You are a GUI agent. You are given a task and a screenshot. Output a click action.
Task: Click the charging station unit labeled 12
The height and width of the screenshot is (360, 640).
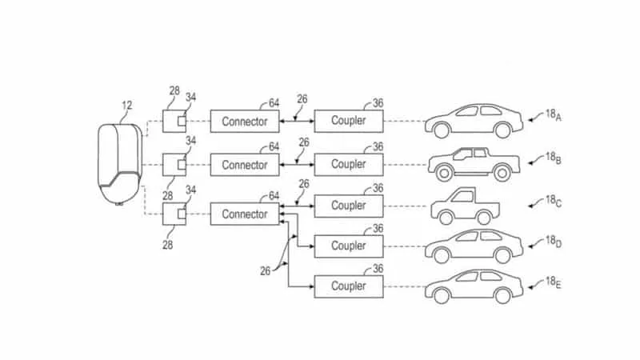pos(120,164)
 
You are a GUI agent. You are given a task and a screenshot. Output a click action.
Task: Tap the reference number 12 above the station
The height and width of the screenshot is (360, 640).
pos(127,106)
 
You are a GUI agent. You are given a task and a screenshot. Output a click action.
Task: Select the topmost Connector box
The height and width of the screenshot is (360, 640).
pos(245,122)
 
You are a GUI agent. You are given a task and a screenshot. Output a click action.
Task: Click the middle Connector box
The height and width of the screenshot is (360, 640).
pos(245,165)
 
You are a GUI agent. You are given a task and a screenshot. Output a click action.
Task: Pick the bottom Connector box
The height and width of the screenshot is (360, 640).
pos(245,214)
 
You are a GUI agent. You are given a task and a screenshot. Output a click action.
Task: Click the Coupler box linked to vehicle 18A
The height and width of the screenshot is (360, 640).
pos(349,121)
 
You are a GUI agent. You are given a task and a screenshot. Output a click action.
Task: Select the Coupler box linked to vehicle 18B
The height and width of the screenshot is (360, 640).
pos(349,165)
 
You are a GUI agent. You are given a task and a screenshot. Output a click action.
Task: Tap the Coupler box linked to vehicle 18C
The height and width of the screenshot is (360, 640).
pos(349,206)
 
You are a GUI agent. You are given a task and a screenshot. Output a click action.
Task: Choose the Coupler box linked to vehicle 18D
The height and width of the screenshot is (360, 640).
pos(349,246)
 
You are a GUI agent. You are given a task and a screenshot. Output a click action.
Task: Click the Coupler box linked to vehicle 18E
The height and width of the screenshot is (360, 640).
pos(349,286)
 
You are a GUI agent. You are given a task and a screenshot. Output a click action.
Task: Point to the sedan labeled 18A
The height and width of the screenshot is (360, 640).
pos(474,121)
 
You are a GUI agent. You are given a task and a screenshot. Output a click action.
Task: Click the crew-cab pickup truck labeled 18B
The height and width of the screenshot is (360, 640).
pos(474,165)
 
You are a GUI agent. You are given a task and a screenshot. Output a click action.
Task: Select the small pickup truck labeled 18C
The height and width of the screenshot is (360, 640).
pos(466,206)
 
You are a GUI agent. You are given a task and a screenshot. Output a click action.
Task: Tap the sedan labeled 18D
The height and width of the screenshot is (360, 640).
pos(474,246)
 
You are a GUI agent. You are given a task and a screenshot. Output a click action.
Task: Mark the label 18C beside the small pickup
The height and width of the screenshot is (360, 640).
pos(554,202)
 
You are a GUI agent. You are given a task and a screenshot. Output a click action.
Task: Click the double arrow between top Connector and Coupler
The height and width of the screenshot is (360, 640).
pos(297,122)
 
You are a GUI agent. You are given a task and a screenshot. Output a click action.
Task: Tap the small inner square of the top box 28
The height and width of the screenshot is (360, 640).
pos(182,122)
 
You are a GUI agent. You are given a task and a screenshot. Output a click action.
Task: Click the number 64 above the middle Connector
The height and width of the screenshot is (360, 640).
pos(274,146)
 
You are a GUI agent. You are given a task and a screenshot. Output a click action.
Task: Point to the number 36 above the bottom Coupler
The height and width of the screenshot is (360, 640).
pos(378,269)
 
